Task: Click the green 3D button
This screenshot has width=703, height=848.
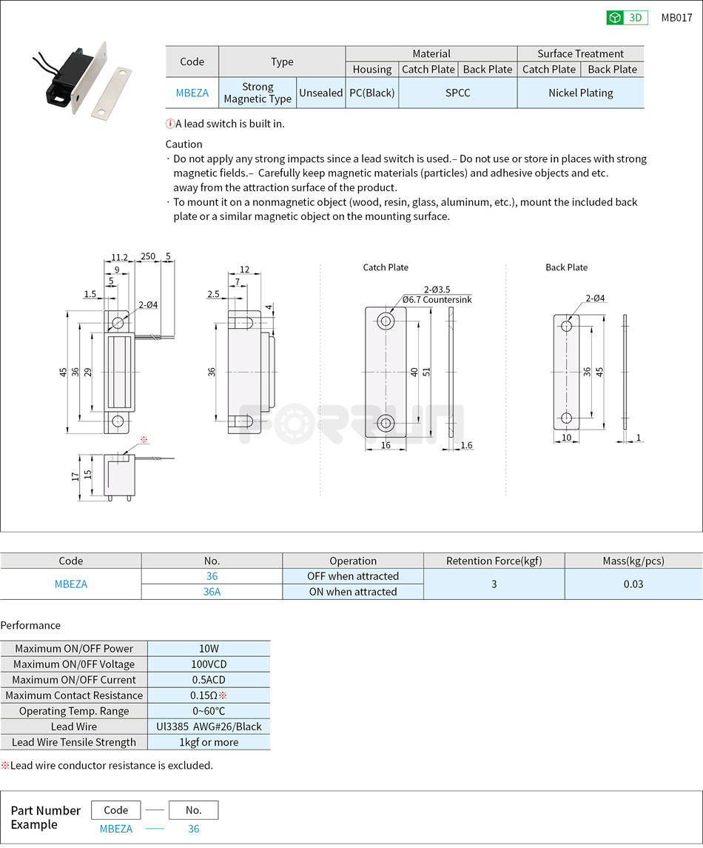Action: [x=627, y=18]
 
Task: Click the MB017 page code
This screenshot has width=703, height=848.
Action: [x=676, y=18]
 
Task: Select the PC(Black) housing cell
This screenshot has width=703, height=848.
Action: [x=372, y=93]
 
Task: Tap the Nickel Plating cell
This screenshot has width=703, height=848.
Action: [x=580, y=93]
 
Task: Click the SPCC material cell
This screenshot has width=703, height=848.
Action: [x=457, y=93]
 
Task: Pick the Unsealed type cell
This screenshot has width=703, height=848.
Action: [x=320, y=93]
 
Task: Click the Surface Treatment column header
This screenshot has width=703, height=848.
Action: [x=580, y=53]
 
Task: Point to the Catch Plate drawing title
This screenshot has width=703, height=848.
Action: [x=386, y=267]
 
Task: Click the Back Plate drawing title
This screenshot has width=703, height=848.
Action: [x=566, y=267]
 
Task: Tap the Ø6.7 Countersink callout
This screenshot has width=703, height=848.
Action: [x=437, y=300]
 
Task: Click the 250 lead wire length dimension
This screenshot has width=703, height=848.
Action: [x=148, y=257]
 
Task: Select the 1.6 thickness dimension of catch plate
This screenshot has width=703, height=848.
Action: [x=466, y=445]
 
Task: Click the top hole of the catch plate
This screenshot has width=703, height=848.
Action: [x=386, y=321]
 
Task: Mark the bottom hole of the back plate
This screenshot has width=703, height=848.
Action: [x=566, y=418]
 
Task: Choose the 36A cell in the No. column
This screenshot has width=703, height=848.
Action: [x=212, y=592]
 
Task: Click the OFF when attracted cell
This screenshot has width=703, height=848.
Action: [x=353, y=576]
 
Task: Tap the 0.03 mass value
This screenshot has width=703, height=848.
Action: [x=633, y=584]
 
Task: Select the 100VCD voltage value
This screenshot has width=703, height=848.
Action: [x=209, y=664]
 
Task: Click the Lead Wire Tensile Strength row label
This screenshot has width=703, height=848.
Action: [x=74, y=742]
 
